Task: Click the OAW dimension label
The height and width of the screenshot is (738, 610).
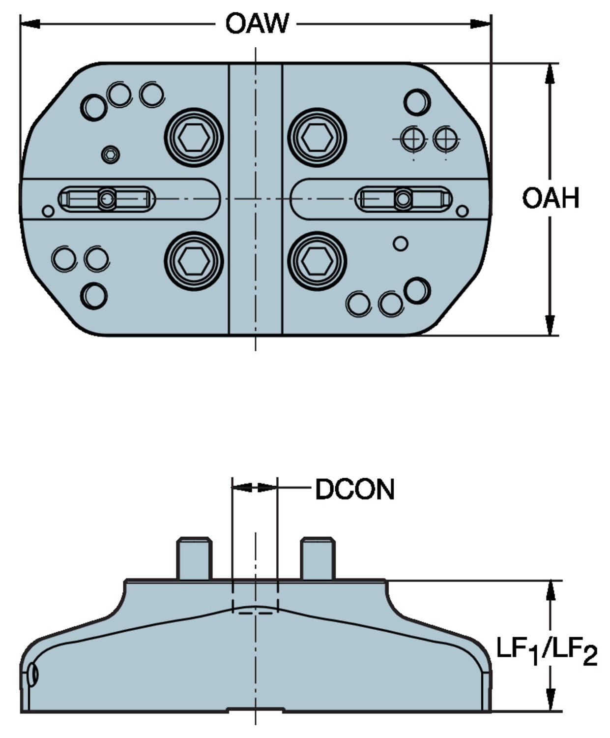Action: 257,23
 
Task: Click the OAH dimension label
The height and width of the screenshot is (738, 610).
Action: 551,198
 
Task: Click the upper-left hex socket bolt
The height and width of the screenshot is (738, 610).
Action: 194,137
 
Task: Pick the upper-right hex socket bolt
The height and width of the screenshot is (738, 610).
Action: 317,137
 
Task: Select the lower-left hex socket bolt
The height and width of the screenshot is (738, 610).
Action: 194,261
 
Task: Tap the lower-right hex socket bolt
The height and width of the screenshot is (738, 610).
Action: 317,261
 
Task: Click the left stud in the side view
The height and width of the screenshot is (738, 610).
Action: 195,558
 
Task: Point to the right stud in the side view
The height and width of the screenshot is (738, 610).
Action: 318,558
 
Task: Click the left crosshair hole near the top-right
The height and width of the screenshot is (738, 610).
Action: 413,139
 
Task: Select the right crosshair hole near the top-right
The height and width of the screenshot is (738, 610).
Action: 446,139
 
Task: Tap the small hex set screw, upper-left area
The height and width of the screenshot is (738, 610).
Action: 111,155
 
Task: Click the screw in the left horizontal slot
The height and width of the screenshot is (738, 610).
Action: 107,199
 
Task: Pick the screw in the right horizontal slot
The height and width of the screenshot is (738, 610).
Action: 403,199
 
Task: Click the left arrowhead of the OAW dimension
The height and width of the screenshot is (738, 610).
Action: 29,23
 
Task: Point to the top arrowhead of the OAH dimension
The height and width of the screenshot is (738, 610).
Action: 550,73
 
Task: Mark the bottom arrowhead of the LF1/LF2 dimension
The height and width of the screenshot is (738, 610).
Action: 551,701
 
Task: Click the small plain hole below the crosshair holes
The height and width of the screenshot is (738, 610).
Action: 401,244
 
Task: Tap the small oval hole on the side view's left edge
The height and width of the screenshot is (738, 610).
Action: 32,674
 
